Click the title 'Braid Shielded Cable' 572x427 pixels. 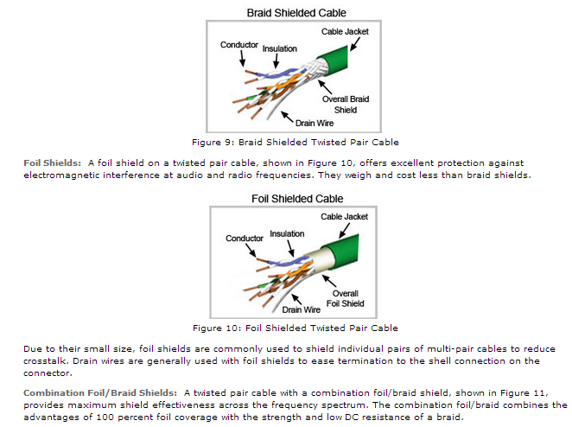[296, 13]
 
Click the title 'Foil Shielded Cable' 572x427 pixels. [297, 199]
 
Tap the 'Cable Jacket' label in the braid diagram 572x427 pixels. [345, 32]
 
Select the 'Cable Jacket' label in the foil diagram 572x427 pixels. [345, 217]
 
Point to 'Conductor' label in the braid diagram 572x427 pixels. [239, 45]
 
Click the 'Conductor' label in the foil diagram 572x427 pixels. [245, 239]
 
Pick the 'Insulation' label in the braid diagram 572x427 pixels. [279, 48]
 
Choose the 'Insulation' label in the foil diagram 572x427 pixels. [287, 234]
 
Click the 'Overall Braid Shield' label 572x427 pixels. [346, 105]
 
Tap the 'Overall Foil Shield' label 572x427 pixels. [345, 298]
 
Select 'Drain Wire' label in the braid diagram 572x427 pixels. [315, 124]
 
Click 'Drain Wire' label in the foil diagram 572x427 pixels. [302, 309]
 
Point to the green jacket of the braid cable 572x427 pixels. [333, 60]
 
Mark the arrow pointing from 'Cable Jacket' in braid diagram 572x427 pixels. [355, 44]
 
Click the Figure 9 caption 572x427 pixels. [296, 143]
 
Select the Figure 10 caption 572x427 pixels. [296, 328]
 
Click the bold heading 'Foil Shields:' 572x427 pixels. [52, 163]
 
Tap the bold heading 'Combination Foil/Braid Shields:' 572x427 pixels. [100, 393]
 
